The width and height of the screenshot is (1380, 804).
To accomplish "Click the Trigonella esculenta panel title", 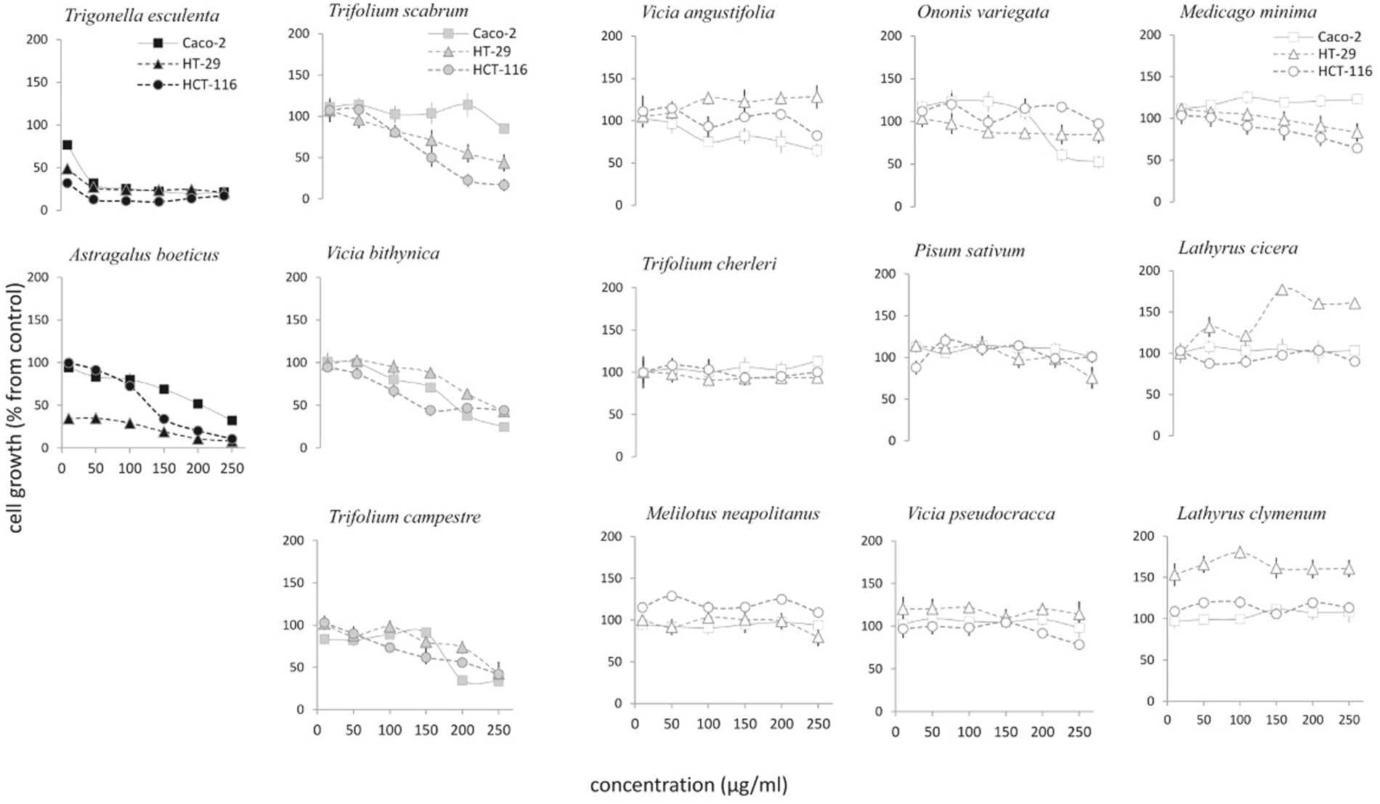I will pyautogui.click(x=142, y=15).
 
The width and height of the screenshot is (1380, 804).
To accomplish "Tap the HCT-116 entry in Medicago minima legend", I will pyautogui.click(x=1344, y=71).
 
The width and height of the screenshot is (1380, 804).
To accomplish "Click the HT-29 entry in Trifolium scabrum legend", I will pyautogui.click(x=491, y=52).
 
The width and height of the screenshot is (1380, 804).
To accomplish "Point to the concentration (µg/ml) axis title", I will pyautogui.click(x=688, y=785).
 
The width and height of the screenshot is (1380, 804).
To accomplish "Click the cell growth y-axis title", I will pyautogui.click(x=15, y=407).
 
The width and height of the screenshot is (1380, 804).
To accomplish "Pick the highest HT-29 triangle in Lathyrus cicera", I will pyautogui.click(x=1282, y=290).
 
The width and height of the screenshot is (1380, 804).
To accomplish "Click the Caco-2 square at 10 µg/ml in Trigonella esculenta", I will pyautogui.click(x=67, y=145).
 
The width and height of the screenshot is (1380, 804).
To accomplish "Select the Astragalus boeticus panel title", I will pyautogui.click(x=144, y=255).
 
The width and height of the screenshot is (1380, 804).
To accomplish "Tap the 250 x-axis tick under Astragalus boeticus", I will pyautogui.click(x=232, y=469).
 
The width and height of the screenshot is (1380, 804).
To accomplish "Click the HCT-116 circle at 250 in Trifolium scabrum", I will pyautogui.click(x=504, y=185).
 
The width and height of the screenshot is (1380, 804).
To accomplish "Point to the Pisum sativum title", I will pyautogui.click(x=969, y=252).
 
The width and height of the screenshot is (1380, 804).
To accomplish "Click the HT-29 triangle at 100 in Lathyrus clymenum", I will pyautogui.click(x=1240, y=552).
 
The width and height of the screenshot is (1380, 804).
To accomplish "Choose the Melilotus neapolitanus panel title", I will pyautogui.click(x=732, y=514).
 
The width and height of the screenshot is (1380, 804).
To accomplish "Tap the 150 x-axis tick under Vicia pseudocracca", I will pyautogui.click(x=1005, y=732).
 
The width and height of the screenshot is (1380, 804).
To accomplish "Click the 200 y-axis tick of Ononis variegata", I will pyautogui.click(x=890, y=36).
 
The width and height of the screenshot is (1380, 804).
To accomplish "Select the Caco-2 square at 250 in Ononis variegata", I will pyautogui.click(x=1098, y=162).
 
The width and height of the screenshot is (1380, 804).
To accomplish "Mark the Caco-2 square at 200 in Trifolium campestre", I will pyautogui.click(x=462, y=680).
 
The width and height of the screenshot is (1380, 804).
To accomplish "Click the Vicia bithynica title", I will pyautogui.click(x=383, y=254).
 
